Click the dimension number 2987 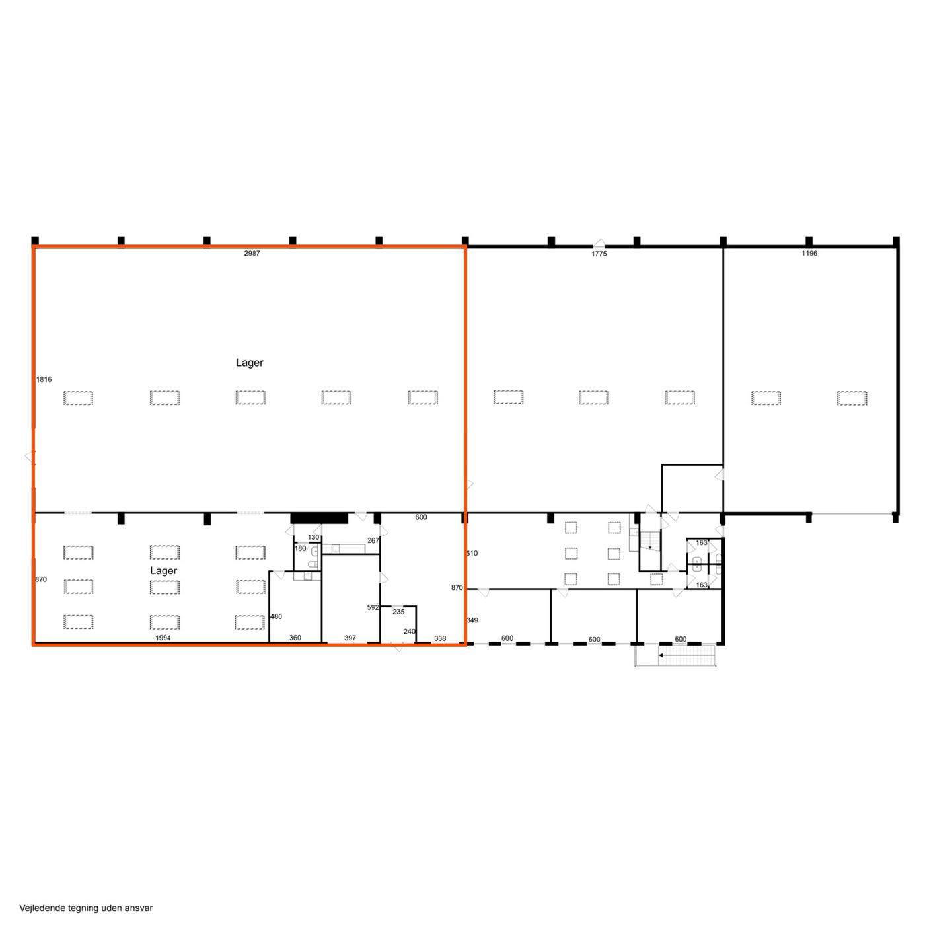pos(252,253)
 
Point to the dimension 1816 pos(44,379)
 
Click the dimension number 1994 pos(163,638)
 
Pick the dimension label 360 pos(295,638)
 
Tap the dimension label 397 pos(350,638)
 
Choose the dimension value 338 pos(439,638)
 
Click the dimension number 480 pos(276,616)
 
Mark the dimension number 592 pos(373,607)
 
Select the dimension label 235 pos(398,612)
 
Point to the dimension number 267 pos(373,540)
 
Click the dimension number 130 pos(313,537)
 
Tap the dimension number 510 pos(472,553)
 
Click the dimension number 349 pos(472,620)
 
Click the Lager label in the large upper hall pos(249,363)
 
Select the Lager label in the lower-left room pos(163,571)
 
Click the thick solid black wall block pos(318,518)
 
